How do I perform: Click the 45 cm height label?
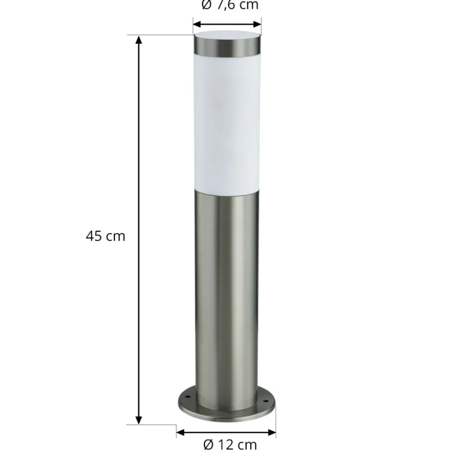[x=106, y=236]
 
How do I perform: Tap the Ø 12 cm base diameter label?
[x=230, y=445]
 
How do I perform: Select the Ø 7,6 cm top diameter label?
[x=230, y=5]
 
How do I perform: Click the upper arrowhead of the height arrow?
[x=139, y=39]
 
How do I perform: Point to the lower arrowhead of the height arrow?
[x=139, y=420]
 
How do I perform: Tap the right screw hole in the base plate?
[x=267, y=398]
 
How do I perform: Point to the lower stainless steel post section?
[x=227, y=289]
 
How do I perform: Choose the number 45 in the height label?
[x=94, y=236]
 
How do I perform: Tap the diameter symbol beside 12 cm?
[x=209, y=445]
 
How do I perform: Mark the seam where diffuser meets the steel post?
[x=227, y=191]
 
